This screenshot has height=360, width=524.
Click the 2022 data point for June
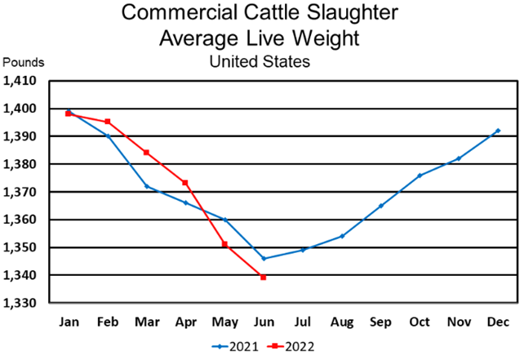[x=263, y=278]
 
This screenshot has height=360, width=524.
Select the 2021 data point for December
[x=498, y=131]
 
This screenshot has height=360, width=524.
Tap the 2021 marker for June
[x=263, y=258]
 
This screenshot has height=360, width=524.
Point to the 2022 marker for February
[x=108, y=122]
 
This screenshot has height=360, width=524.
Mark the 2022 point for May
[x=225, y=244]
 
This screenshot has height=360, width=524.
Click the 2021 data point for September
[x=380, y=206]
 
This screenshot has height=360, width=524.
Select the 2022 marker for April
[x=186, y=183]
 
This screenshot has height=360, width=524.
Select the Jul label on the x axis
[x=302, y=321]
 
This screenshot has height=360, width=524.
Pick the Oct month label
[x=420, y=321]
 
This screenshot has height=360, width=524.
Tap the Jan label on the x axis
[x=69, y=321]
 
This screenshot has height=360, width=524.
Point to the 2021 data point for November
[x=459, y=158]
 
